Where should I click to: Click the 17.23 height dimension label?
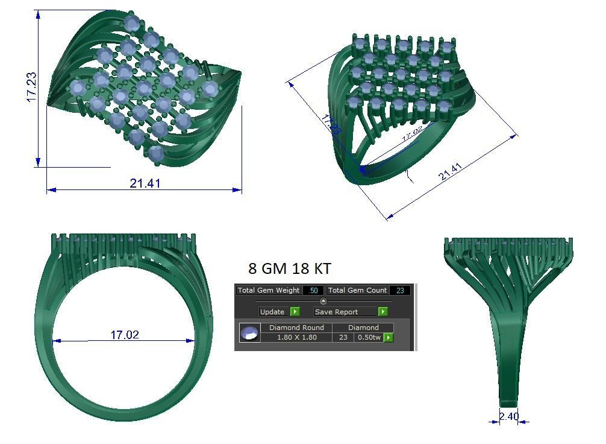[31, 87]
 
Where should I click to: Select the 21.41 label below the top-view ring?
[145, 183]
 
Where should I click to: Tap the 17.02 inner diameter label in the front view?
[125, 334]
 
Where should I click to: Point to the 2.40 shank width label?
[509, 416]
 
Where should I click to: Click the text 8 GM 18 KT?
[289, 268]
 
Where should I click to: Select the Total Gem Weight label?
[269, 290]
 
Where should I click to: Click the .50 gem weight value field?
[313, 291]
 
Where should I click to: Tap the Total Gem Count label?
[358, 290]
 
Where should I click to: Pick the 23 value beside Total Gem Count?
[400, 291]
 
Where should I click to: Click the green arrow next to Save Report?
[383, 312]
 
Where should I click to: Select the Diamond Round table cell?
[296, 328]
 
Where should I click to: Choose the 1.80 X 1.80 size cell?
[296, 337]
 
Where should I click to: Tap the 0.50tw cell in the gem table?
[369, 337]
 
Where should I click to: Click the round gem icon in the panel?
[249, 332]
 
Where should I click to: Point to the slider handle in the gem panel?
[323, 301]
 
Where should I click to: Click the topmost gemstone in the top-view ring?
[132, 24]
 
